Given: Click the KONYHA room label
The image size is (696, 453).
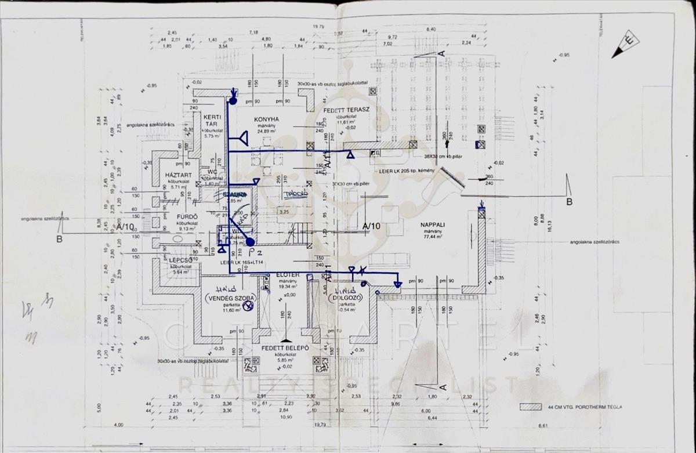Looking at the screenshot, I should click(x=267, y=119).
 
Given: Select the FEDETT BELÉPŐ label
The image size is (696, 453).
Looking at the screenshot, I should click(x=285, y=348).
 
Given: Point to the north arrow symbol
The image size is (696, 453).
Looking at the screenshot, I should click(x=625, y=45).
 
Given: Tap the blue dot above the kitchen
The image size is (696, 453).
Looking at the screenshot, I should click(x=233, y=101).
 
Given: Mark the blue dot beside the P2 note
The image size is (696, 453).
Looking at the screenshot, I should click(x=250, y=241).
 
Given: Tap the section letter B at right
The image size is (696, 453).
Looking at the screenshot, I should click(x=569, y=201).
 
